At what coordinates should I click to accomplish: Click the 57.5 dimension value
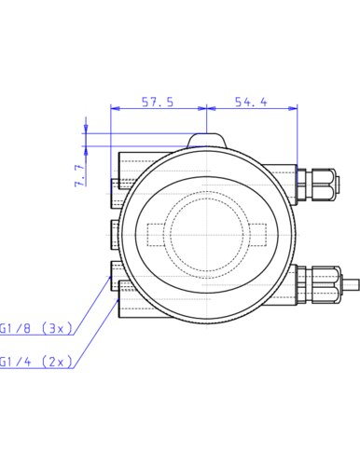tap(158, 102)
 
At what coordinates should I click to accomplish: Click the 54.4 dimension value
tap(251, 102)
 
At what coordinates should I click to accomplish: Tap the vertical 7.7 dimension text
tap(80, 175)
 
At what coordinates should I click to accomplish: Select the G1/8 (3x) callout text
tap(36, 328)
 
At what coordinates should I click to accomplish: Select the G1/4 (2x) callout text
tap(36, 362)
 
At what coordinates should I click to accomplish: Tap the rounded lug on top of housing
tap(206, 140)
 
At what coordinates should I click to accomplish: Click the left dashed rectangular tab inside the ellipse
tap(156, 235)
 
